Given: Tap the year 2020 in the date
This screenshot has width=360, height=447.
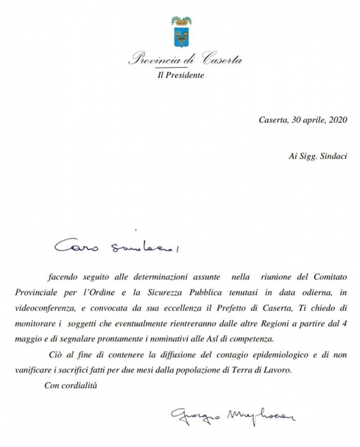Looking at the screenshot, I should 339,120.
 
